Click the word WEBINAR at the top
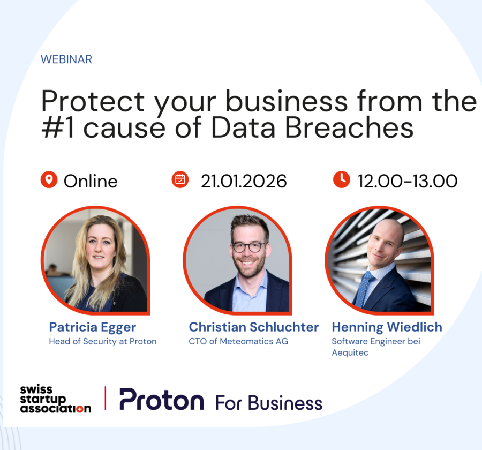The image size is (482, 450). click(66, 59)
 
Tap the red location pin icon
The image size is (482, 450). click(49, 180)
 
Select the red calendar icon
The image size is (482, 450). click(180, 180)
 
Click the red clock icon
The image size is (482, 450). click(341, 180)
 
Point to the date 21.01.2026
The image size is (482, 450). click(244, 181)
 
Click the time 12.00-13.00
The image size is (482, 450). click(408, 181)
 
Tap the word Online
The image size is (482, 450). click(91, 181)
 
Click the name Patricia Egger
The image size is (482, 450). click(93, 327)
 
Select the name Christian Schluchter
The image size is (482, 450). click(254, 327)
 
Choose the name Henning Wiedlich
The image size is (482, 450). click(387, 327)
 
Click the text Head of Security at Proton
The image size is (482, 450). click(103, 341)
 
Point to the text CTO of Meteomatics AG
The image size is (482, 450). click(238, 341)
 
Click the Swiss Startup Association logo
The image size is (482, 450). click(55, 399)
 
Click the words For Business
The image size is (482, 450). click(269, 402)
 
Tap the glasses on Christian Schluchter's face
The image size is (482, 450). click(248, 247)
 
